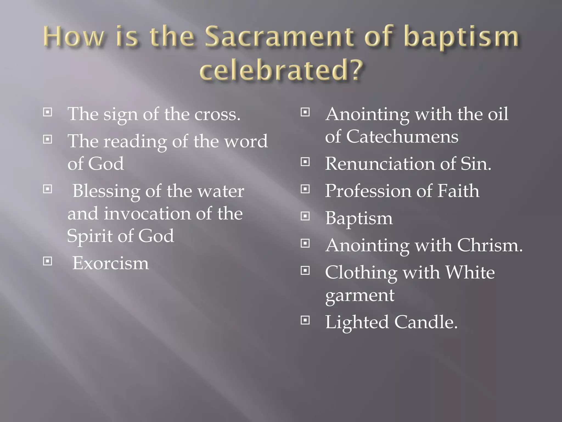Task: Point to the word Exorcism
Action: (110, 263)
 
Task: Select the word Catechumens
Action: (402, 137)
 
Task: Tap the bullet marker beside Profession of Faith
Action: (305, 189)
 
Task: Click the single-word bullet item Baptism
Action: (359, 218)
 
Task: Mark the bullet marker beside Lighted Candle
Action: (305, 320)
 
